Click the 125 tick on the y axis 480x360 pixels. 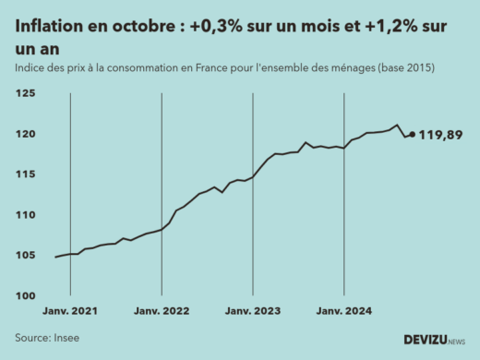[25, 94]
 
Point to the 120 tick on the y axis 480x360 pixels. [25, 135]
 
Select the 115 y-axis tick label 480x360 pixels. [25, 174]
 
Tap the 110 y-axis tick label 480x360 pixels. [25, 215]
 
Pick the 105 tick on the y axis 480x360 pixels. [25, 256]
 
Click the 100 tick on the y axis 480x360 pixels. [25, 295]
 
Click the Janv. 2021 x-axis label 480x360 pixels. [70, 312]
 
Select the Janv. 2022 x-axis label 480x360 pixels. [162, 312]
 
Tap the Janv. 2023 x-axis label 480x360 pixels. [253, 312]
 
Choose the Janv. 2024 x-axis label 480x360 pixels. [344, 312]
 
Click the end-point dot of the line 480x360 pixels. [412, 134]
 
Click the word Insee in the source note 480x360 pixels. [66, 338]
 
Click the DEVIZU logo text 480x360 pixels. [425, 339]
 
